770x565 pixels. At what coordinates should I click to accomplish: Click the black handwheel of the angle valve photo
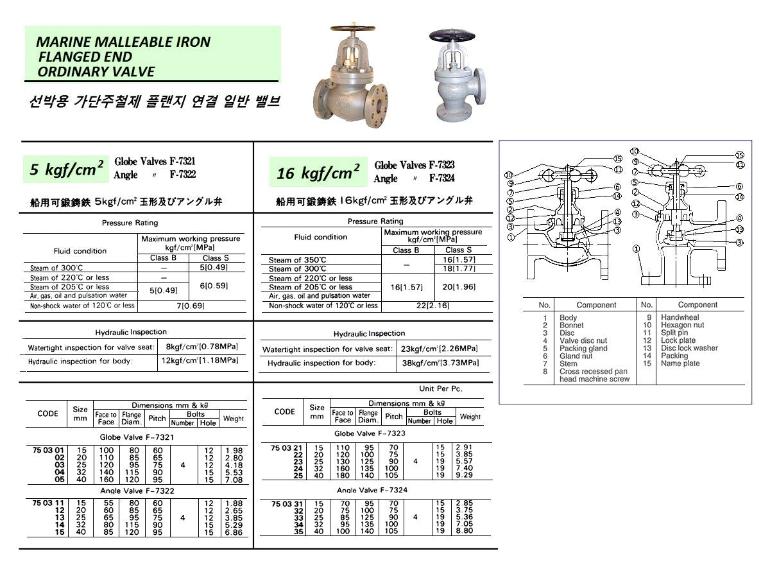click(454, 35)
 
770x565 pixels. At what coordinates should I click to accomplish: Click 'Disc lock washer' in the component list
click(689, 349)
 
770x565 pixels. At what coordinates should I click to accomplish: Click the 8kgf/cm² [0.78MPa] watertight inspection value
click(201, 347)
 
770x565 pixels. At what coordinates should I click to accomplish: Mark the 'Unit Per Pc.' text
click(440, 389)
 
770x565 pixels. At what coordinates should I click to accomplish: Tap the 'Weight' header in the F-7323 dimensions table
click(470, 417)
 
